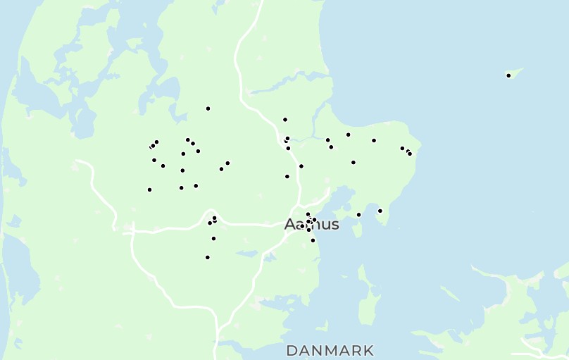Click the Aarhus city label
[311, 225]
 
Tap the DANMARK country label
[330, 350]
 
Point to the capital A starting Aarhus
[290, 225]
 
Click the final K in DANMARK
[368, 350]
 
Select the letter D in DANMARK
[292, 350]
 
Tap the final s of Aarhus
[334, 225]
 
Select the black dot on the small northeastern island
[508, 75]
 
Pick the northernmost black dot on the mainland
[208, 108]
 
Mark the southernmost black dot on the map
[207, 257]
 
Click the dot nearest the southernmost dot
[213, 239]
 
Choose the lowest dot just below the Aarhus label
[313, 240]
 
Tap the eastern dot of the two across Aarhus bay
[380, 211]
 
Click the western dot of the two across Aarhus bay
[358, 215]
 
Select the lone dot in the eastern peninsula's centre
[353, 163]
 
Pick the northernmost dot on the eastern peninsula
[348, 135]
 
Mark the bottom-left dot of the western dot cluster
[149, 190]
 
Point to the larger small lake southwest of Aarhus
[248, 253]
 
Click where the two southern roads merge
[218, 329]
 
